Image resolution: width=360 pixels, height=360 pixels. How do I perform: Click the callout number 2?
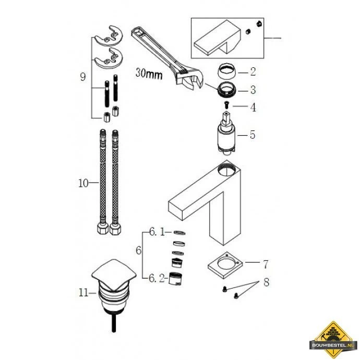(x=252, y=71)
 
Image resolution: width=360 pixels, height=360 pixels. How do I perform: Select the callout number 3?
(x=252, y=89)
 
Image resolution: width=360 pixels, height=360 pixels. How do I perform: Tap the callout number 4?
(x=252, y=108)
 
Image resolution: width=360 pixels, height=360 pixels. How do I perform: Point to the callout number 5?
(x=252, y=135)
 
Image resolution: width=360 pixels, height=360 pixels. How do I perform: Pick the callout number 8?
(x=266, y=283)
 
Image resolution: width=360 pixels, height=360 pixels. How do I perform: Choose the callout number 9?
(x=82, y=77)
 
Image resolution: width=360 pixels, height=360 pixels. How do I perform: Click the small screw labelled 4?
(x=226, y=106)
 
